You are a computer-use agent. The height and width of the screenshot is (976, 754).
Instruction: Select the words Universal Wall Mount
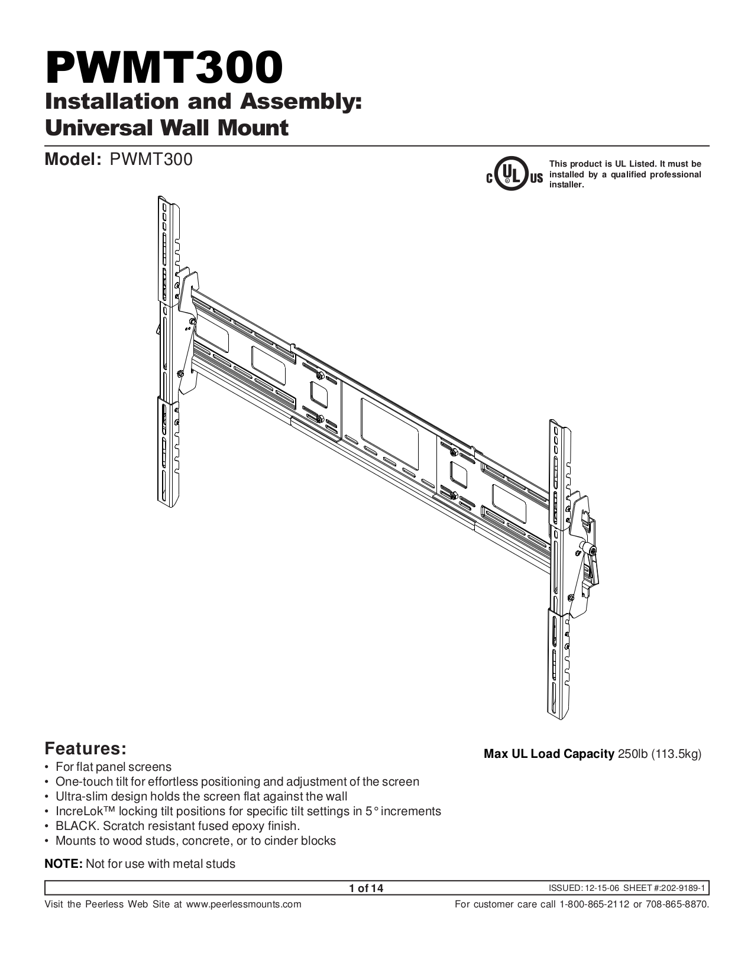[x=167, y=127]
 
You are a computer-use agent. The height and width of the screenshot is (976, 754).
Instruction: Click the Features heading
[x=86, y=748]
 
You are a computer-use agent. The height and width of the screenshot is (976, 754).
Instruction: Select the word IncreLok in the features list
[x=79, y=811]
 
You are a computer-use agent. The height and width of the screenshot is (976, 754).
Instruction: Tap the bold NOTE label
[x=64, y=864]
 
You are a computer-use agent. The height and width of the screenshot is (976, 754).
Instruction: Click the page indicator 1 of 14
[x=366, y=888]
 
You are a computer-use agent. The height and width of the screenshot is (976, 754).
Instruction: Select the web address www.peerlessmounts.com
[x=244, y=904]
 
